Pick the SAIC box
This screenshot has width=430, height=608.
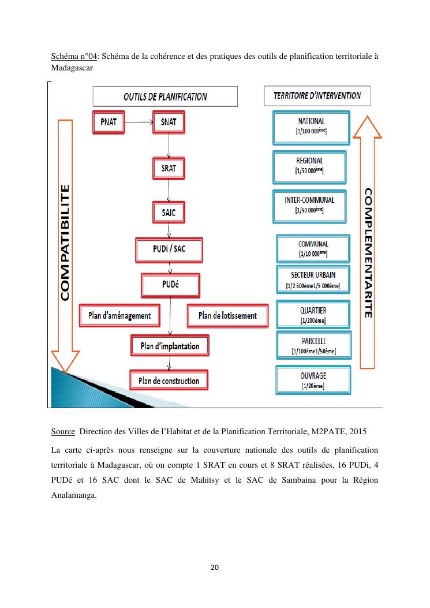pos(169,212)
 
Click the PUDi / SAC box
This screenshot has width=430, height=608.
pos(169,249)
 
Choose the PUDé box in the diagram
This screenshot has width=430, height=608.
pos(170,285)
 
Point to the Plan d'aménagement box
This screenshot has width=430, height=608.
pos(119,315)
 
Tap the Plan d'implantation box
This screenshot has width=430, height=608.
pos(170,346)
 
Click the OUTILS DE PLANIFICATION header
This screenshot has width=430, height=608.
pos(165,96)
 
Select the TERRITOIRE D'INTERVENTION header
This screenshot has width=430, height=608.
pos(317,95)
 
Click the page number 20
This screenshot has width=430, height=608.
pos(215,568)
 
